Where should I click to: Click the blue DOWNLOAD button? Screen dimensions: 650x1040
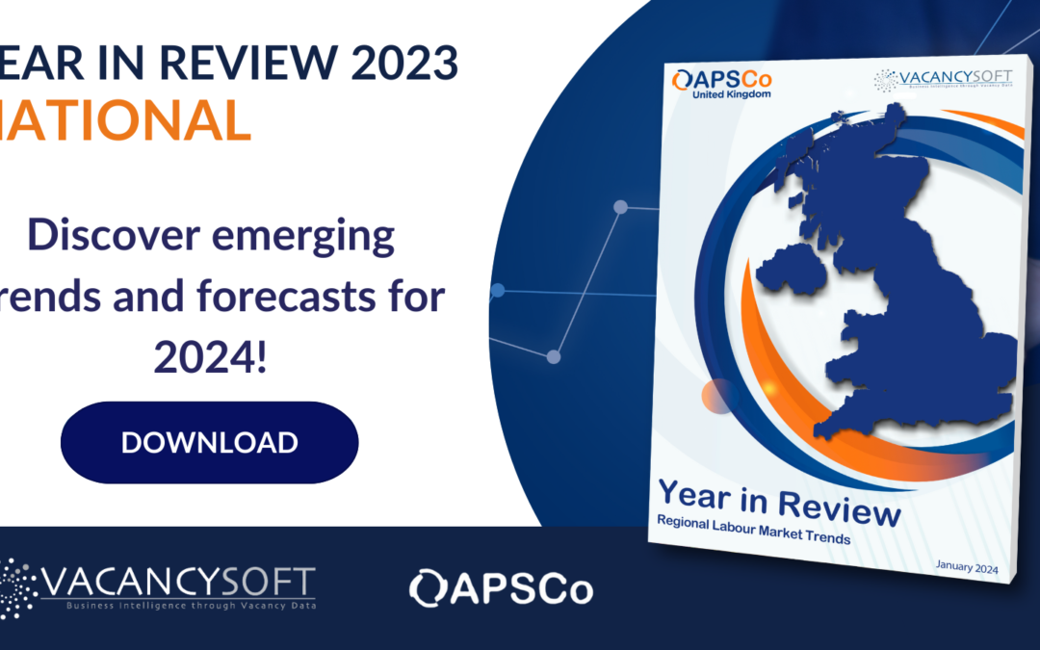pyautogui.click(x=209, y=443)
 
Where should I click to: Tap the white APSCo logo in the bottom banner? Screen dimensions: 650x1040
pyautogui.click(x=500, y=588)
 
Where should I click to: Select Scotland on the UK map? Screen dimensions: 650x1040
pyautogui.click(x=847, y=193)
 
